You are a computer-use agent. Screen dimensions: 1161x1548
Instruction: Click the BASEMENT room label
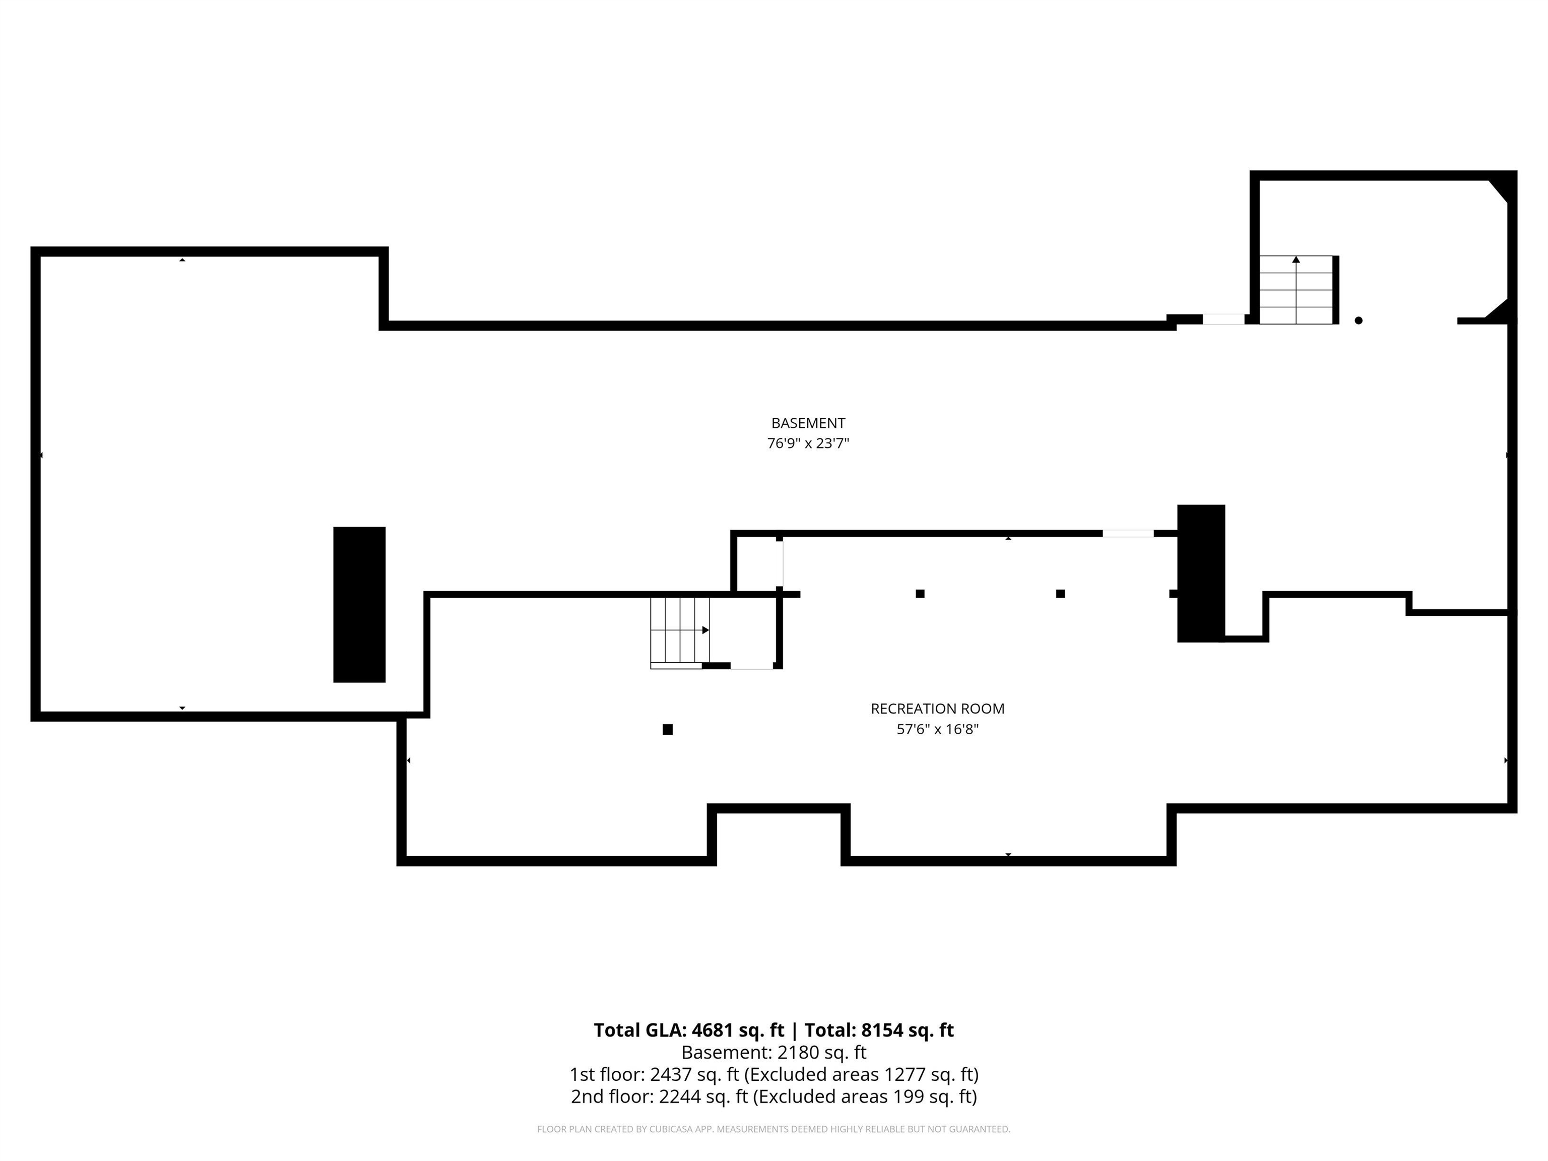click(x=808, y=423)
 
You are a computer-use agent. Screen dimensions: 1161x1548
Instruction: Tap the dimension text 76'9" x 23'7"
click(x=808, y=443)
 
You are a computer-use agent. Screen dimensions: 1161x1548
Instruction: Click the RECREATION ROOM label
click(x=937, y=708)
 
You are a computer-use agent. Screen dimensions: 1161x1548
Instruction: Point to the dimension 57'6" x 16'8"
click(x=937, y=729)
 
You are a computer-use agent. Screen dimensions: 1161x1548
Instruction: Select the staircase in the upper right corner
click(x=1296, y=290)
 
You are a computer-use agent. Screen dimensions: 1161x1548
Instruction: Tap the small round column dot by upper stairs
click(x=1359, y=320)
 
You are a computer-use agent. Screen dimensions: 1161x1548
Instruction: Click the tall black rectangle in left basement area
click(x=359, y=604)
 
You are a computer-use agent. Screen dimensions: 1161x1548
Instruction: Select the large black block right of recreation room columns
click(x=1201, y=572)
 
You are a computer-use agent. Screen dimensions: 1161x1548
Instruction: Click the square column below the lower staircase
click(x=668, y=729)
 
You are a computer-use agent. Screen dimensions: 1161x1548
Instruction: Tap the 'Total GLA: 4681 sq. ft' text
click(x=689, y=1030)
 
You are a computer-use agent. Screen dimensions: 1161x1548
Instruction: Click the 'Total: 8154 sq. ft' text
click(x=879, y=1030)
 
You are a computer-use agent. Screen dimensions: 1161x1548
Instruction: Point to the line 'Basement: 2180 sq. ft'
click(x=773, y=1052)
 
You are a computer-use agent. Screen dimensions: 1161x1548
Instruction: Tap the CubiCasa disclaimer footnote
click(x=773, y=1129)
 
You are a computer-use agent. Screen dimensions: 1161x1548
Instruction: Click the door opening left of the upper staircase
click(x=1223, y=319)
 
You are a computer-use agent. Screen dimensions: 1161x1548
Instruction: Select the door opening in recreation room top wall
click(x=1128, y=533)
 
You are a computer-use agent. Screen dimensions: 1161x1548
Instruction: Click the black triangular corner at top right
click(x=1503, y=187)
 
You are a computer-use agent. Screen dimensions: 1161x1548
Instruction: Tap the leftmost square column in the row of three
click(x=920, y=594)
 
